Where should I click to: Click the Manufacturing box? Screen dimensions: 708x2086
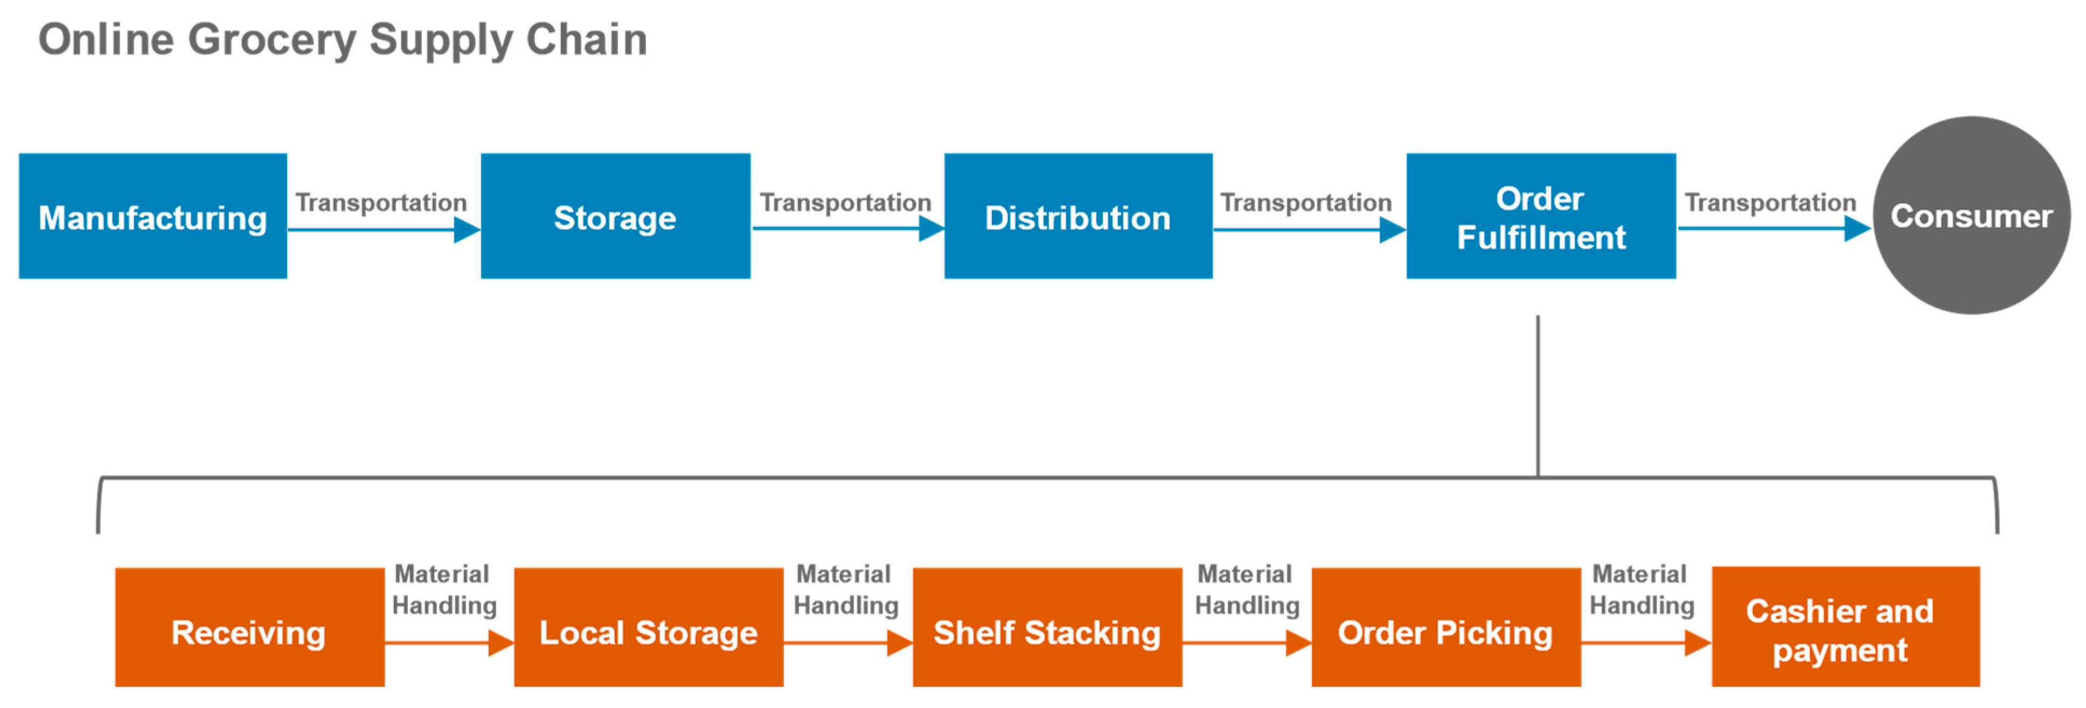(x=152, y=216)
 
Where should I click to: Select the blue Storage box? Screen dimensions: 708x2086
(x=615, y=216)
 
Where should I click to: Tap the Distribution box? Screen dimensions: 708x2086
(x=1078, y=216)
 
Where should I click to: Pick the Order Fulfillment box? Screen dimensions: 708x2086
(x=1540, y=216)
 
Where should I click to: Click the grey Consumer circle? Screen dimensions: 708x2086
(x=1971, y=216)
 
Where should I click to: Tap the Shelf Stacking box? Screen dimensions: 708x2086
(x=1047, y=628)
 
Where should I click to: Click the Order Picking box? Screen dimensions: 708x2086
(x=1445, y=628)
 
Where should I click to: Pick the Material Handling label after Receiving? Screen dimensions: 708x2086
(x=444, y=589)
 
